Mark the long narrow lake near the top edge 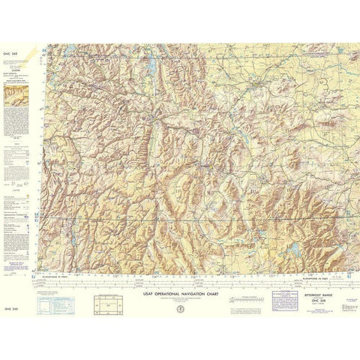coord(153,69)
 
